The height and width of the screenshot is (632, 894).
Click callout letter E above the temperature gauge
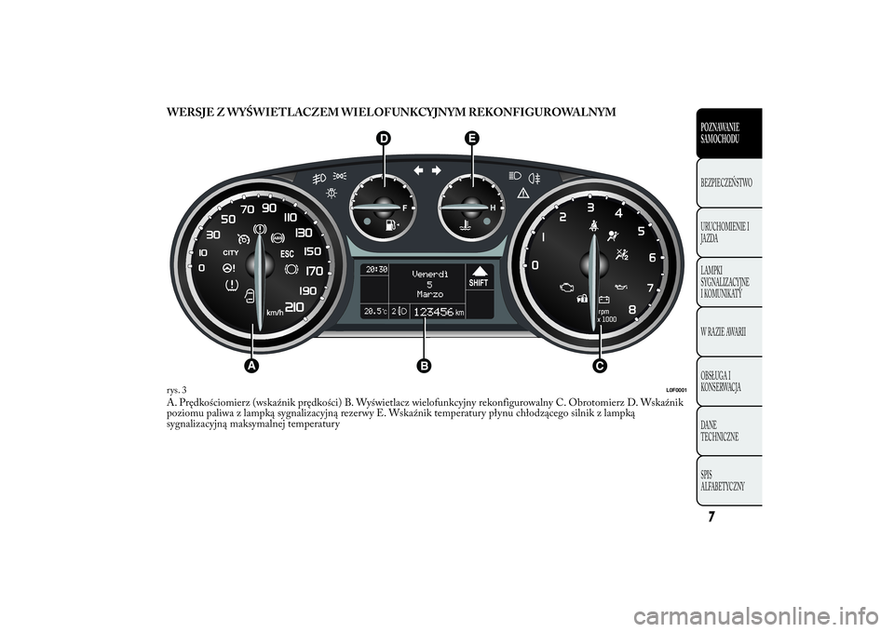pyautogui.click(x=472, y=139)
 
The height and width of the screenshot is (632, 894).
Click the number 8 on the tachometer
pyautogui.click(x=631, y=310)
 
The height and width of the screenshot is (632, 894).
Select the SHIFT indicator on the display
pyautogui.click(x=479, y=283)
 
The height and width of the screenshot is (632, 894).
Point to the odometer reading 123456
pyautogui.click(x=433, y=312)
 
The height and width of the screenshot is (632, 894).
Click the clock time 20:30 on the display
pyautogui.click(x=376, y=269)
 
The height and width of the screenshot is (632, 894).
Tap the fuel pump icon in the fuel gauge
pyautogui.click(x=391, y=224)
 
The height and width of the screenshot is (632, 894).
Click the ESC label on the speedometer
pyautogui.click(x=287, y=254)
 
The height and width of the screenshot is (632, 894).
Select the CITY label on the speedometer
pyautogui.click(x=230, y=252)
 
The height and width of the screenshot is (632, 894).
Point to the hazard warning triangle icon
pyautogui.click(x=521, y=193)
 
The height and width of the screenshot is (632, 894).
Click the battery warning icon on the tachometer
pyautogui.click(x=603, y=299)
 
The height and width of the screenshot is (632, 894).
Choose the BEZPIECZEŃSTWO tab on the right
pyautogui.click(x=729, y=183)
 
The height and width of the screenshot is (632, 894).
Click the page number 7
pyautogui.click(x=711, y=517)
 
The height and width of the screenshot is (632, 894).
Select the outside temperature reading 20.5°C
pyautogui.click(x=375, y=311)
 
